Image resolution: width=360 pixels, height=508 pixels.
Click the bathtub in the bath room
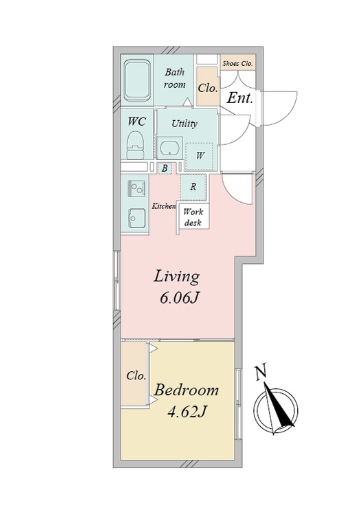(x=137, y=80)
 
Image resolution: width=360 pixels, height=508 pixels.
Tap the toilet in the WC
(x=135, y=145)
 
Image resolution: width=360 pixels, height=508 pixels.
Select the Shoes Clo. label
(x=238, y=63)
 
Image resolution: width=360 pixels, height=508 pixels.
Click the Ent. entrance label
(x=240, y=98)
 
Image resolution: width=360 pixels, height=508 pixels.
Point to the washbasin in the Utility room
(x=170, y=148)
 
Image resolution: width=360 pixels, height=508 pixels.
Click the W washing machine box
(x=199, y=156)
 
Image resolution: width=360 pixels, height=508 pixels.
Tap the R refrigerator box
(x=193, y=187)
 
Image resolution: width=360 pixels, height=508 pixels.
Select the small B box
(x=164, y=168)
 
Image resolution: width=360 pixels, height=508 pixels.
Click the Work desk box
(x=193, y=216)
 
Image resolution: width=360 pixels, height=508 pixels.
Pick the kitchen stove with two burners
(x=137, y=189)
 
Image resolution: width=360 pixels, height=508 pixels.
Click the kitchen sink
(x=137, y=218)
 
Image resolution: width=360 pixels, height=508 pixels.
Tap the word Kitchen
(x=164, y=206)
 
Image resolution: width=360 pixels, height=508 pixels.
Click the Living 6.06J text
(x=177, y=287)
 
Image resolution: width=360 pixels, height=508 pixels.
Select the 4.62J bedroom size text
(x=187, y=412)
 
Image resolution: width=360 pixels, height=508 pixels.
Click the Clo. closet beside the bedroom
(x=135, y=374)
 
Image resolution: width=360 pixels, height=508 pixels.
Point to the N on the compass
(x=261, y=373)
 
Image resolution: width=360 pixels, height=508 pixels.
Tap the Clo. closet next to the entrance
(x=208, y=86)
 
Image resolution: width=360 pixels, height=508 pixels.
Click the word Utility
(x=184, y=124)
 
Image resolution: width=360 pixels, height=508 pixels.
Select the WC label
(x=137, y=121)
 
